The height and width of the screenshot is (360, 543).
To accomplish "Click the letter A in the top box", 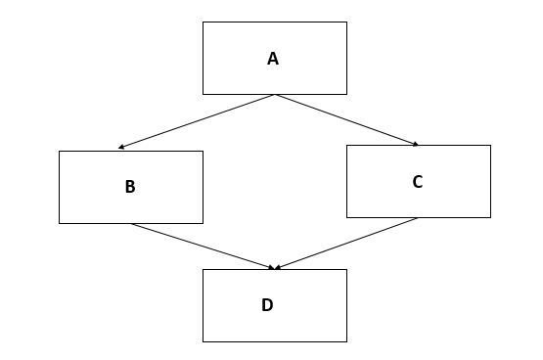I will tap(273, 59).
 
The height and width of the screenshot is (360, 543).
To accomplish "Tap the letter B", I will tap(130, 187).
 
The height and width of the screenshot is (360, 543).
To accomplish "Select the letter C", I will tap(418, 181).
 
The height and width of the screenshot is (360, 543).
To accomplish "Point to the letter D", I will tap(267, 305).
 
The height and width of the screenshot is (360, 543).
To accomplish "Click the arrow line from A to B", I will tap(197, 121).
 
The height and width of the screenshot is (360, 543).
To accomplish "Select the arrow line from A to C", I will tap(347, 120).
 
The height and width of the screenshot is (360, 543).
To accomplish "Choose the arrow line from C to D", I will tap(347, 243).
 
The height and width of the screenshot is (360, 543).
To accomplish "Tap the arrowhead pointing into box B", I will tap(121, 148).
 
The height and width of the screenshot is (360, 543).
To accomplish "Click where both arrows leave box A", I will tap(275, 95).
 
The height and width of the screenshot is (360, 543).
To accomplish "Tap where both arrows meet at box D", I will tap(275, 269).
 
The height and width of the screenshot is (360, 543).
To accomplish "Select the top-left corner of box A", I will tap(204, 22).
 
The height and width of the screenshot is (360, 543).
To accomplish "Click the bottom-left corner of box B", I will tap(60, 223).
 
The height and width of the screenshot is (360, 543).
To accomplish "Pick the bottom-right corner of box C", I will tap(490, 217).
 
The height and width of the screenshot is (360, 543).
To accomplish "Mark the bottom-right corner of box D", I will tap(346, 341).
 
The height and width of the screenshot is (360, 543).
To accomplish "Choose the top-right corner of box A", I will tap(346, 22).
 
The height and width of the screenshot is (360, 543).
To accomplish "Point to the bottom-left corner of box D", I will tap(204, 341).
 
